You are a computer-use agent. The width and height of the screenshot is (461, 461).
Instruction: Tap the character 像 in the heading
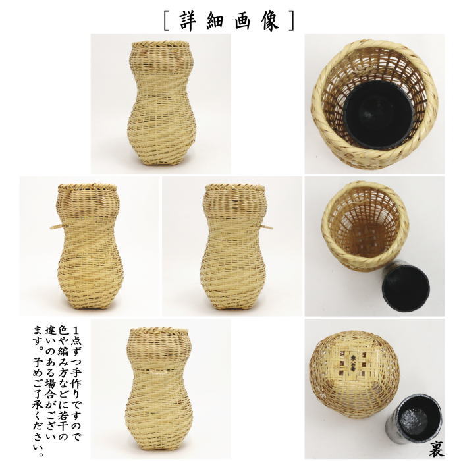(x=271, y=20)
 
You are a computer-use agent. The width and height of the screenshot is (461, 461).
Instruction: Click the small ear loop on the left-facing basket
(x=55, y=227)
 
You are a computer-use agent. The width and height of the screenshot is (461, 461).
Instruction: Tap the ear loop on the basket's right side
(x=267, y=227)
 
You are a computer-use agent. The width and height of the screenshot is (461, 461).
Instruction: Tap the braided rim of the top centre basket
(x=160, y=45)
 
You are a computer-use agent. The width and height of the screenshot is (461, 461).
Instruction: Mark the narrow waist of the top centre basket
(x=159, y=92)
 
